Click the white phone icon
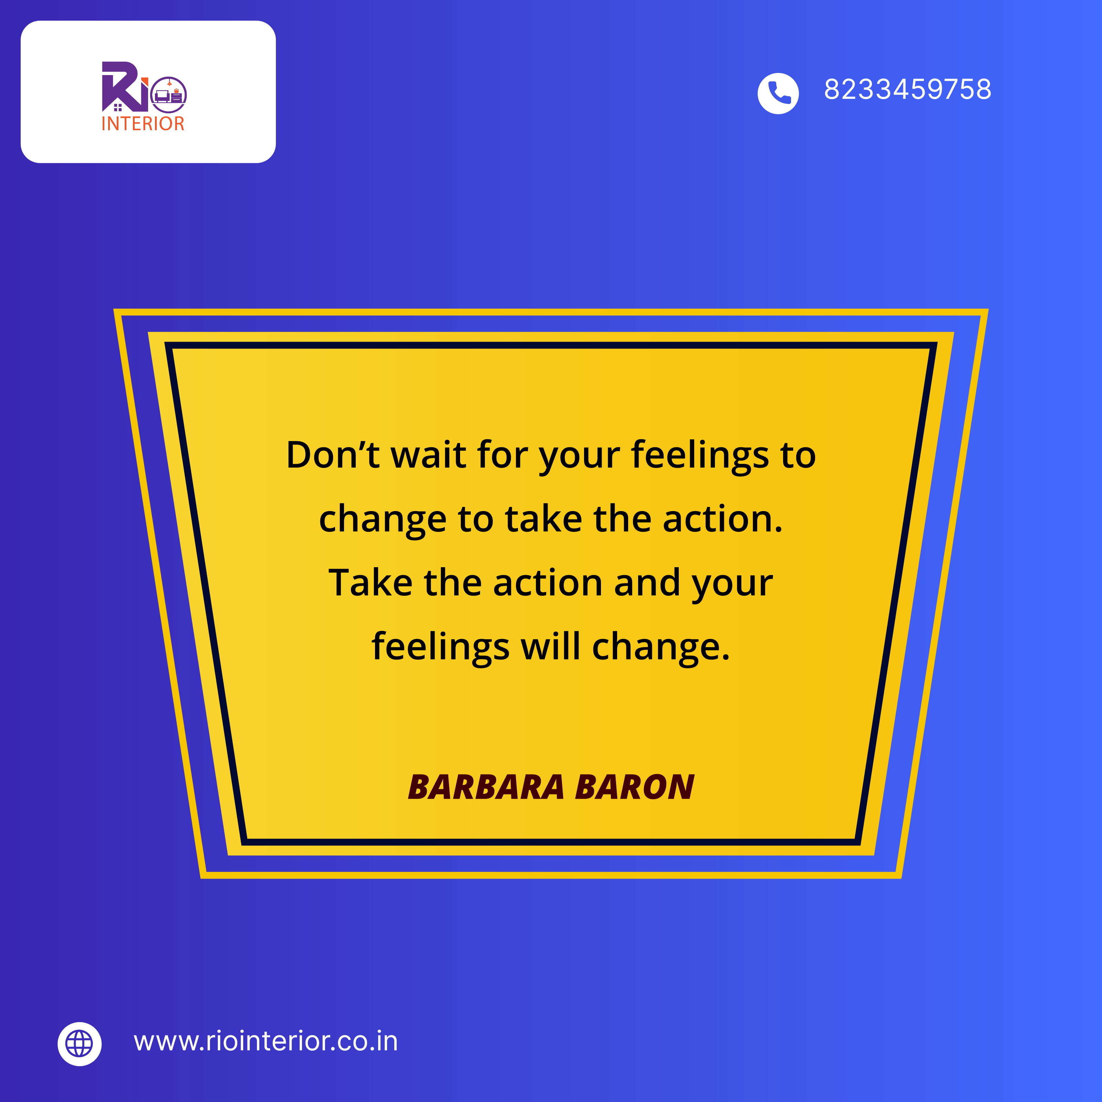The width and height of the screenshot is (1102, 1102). [x=778, y=93]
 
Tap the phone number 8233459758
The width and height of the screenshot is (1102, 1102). [x=907, y=90]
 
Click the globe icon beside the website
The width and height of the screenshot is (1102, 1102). [x=79, y=1044]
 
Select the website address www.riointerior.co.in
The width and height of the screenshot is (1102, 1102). [x=266, y=1041]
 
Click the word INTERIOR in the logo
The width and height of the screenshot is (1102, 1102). [x=143, y=124]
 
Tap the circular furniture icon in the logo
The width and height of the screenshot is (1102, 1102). [x=169, y=95]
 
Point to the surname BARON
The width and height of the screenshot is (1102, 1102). [x=635, y=787]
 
